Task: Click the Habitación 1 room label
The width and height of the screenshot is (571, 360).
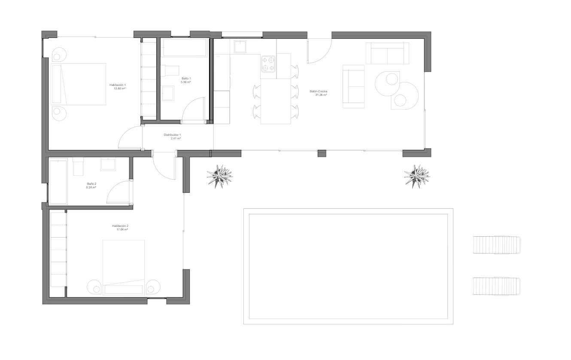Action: [117, 85]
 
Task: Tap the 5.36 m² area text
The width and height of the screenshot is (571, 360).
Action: [186, 82]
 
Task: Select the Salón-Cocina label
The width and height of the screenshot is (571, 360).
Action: [319, 92]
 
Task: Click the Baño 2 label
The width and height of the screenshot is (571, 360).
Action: [91, 184]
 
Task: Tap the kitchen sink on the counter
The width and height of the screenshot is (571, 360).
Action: [240, 46]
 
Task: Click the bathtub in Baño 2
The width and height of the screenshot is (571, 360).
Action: [58, 182]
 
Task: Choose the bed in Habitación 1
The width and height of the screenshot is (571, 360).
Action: [79, 84]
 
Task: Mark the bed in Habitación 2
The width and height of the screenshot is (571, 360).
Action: [124, 267]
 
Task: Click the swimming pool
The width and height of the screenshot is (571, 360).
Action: [348, 266]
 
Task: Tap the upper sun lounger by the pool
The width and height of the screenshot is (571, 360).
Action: [496, 245]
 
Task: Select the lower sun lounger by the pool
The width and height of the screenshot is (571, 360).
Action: [496, 286]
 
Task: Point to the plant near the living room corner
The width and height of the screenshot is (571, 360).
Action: [416, 175]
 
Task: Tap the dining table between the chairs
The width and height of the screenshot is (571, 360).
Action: [276, 102]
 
